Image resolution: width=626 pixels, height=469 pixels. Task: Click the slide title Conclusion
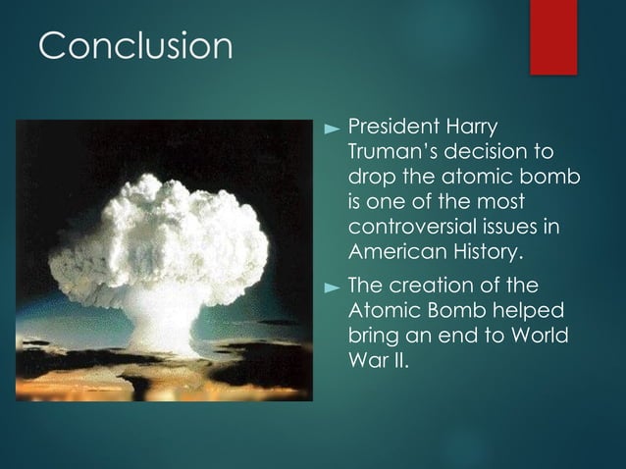(134, 45)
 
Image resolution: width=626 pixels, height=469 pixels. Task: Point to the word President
(393, 129)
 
